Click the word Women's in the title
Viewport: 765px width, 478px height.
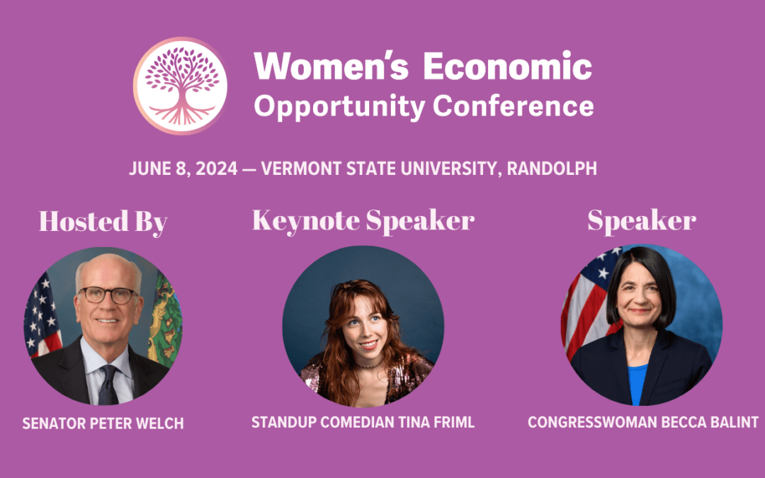331,65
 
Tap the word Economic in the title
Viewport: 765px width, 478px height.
507,65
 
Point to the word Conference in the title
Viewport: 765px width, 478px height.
514,106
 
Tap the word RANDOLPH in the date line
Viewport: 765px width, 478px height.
552,169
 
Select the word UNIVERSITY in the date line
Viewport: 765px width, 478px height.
451,169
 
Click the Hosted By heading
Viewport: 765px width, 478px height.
103,222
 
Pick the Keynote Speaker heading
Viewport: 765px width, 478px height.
363,220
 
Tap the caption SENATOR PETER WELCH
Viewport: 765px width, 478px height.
103,423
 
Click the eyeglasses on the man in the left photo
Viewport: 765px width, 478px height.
108,295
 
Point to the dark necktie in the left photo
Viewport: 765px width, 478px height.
108,385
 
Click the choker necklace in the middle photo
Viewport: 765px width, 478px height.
368,365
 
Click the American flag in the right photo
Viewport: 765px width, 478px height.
588,302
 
